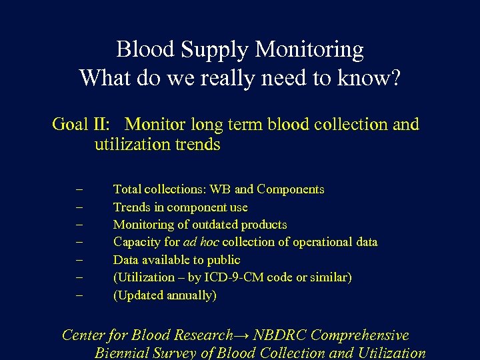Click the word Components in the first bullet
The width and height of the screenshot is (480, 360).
[290, 189]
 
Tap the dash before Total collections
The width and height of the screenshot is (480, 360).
[79, 190]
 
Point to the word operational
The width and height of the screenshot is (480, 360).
[316, 242]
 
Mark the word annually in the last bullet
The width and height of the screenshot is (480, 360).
[191, 295]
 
